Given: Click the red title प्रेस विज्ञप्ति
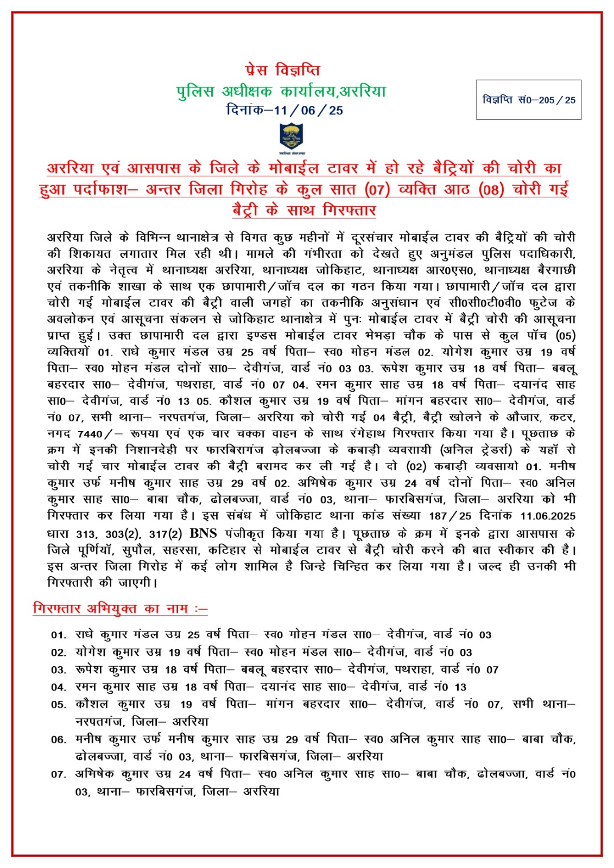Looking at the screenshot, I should (x=282, y=71).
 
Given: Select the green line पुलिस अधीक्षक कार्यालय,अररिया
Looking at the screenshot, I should (x=281, y=91).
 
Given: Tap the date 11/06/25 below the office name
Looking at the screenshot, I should (x=308, y=110).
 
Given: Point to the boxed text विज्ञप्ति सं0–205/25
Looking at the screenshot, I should (x=528, y=100).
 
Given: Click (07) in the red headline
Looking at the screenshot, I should (x=377, y=190).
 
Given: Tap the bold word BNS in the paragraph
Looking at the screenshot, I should (x=204, y=533).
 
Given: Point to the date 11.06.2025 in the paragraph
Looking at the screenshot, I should (x=547, y=516).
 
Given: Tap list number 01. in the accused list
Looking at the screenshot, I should (x=59, y=635).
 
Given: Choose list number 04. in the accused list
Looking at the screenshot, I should (x=59, y=687).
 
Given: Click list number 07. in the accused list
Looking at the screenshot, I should (x=59, y=774).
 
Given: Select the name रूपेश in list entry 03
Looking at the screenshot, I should (x=91, y=669).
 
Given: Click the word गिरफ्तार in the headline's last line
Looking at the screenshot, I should (x=349, y=210).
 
